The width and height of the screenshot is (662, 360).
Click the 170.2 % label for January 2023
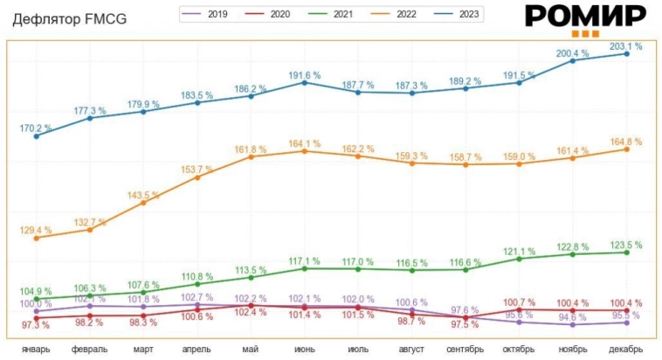tap(37, 128)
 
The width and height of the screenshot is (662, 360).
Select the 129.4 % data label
tap(37, 229)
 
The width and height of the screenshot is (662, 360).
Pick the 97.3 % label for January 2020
tap(37, 325)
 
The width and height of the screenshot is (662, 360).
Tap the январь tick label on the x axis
tap(37, 350)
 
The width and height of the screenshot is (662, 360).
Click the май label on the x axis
tap(251, 350)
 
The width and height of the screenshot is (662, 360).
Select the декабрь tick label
tap(626, 350)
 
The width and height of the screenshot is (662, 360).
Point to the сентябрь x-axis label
tap(465, 350)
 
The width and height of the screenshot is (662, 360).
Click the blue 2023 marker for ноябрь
tap(573, 60)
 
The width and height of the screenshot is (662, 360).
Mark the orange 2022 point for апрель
tap(197, 177)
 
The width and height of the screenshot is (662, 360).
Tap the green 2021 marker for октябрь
tap(520, 259)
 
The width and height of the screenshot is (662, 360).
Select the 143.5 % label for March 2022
tap(144, 194)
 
